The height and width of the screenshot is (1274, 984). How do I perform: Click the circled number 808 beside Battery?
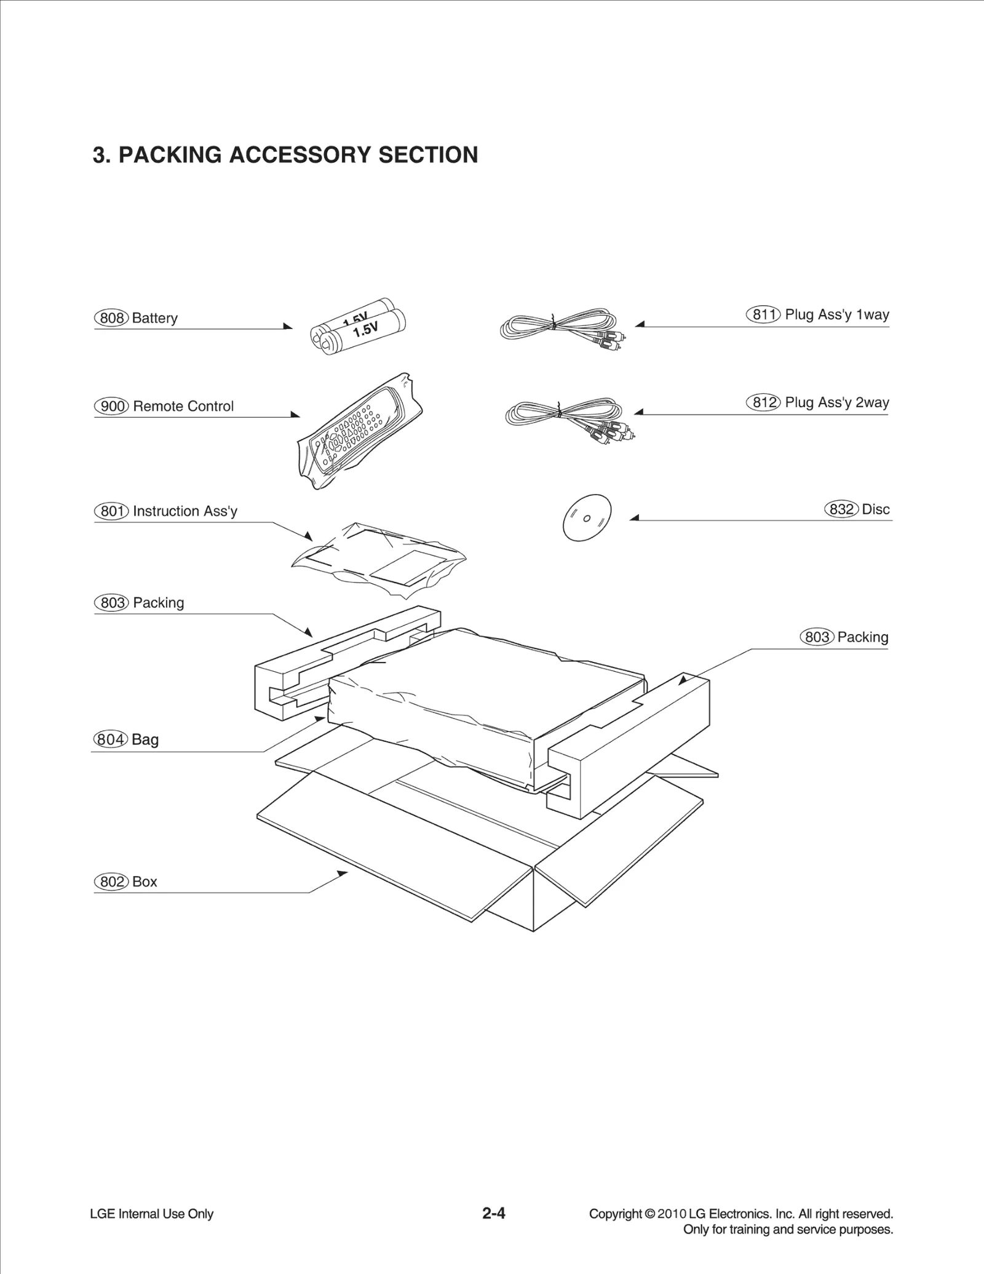coord(111,318)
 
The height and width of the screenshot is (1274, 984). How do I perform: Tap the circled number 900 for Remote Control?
coord(111,406)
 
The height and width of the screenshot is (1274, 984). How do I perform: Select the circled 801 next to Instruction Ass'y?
coord(111,511)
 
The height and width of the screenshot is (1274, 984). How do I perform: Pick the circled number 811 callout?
coord(763,314)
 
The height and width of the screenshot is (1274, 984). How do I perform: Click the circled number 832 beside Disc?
coord(841,509)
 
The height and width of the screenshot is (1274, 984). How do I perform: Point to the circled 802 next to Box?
coord(111,882)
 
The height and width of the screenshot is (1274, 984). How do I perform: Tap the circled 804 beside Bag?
coord(110,739)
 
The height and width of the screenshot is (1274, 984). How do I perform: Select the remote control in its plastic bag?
coord(360,431)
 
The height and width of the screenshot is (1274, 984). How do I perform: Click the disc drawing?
coord(587,517)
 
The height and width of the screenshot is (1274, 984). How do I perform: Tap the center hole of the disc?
coord(587,518)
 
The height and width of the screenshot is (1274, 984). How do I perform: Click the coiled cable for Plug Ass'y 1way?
coord(560,326)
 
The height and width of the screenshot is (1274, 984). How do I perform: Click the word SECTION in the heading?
coord(428,155)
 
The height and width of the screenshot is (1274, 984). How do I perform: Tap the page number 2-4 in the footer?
coord(493,1213)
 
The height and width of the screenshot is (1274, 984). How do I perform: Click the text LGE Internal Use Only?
coord(151,1214)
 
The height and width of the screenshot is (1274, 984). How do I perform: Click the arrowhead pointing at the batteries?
coord(288,326)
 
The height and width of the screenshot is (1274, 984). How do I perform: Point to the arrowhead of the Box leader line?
coord(342,873)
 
